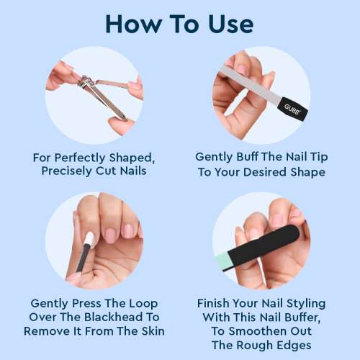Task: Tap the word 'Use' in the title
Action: (228, 24)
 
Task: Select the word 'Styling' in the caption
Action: (299, 303)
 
